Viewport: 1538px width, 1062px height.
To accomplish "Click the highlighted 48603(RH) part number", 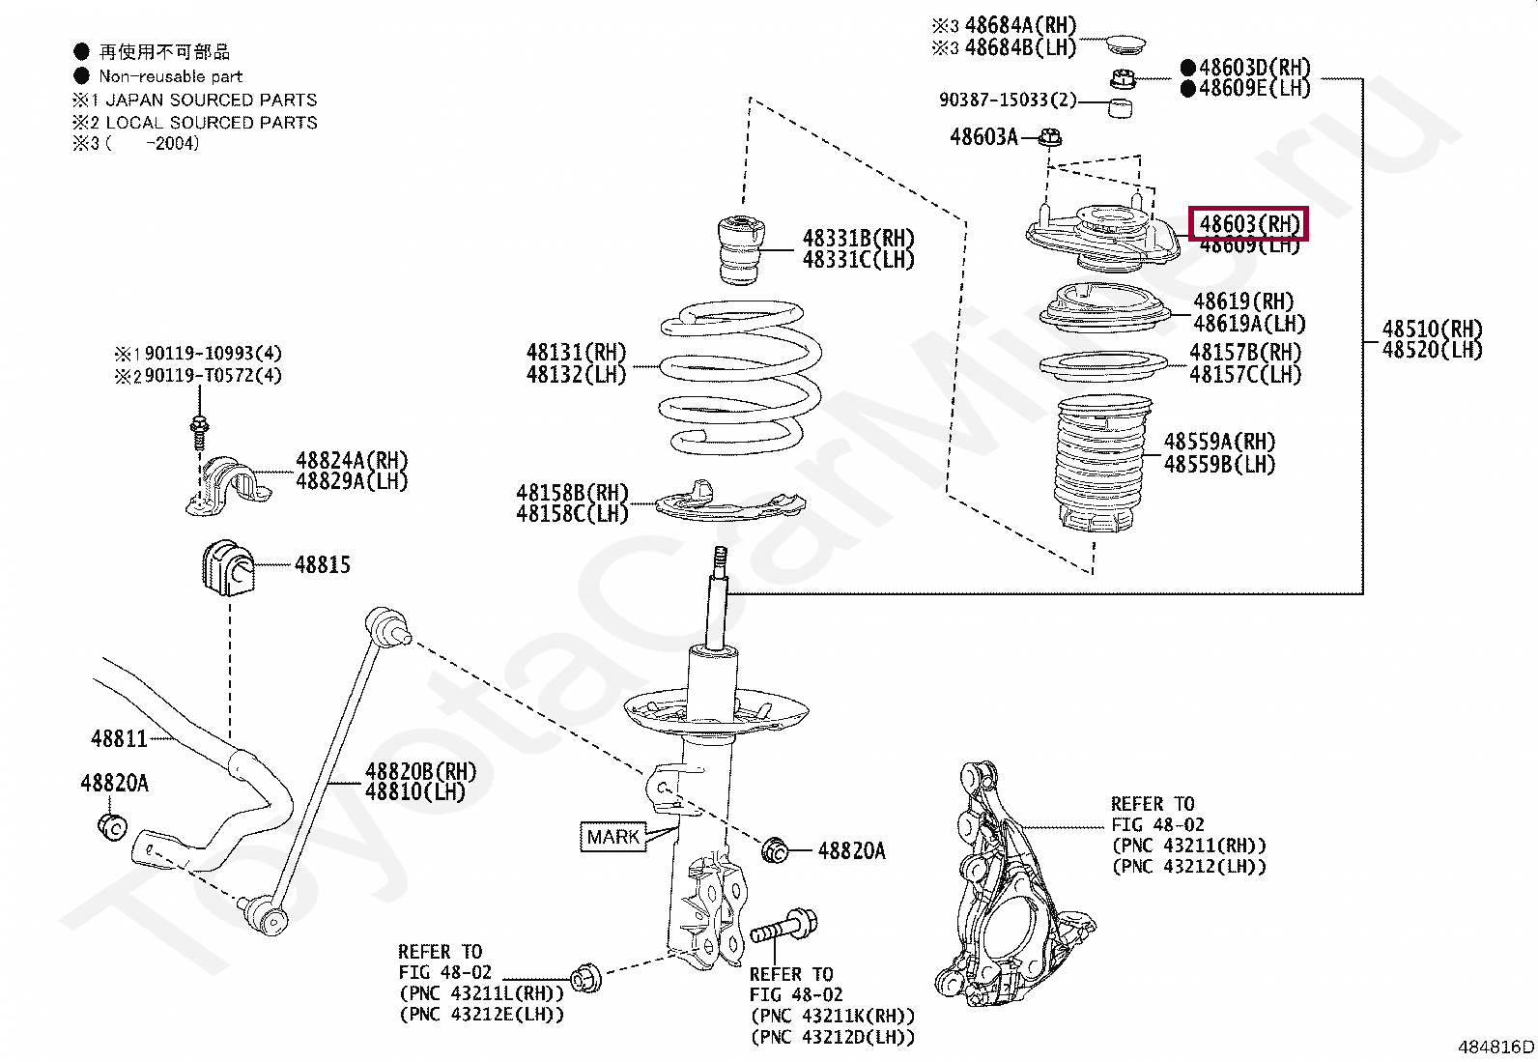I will click(1248, 224).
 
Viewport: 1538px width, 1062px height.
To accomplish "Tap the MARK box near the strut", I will click(612, 837).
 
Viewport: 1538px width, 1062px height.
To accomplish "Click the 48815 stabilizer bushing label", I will click(322, 565).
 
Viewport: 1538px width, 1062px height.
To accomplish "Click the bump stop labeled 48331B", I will click(742, 249).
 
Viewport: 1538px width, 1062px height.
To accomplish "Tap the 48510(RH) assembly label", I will click(1431, 330).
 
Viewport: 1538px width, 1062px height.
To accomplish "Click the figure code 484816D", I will click(1495, 1047).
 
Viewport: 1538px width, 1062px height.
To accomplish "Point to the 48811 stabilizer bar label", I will click(119, 739).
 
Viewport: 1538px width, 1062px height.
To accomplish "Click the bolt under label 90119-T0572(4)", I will click(200, 430).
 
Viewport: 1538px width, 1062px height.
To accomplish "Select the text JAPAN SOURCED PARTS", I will click(211, 100).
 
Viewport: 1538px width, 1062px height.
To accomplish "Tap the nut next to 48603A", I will click(1051, 138).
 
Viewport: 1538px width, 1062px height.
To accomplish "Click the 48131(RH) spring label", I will click(576, 353).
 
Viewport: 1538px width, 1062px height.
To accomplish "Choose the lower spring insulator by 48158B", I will click(729, 504).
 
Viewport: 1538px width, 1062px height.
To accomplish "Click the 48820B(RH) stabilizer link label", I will click(420, 771).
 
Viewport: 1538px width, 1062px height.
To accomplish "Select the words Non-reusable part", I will click(170, 76).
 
